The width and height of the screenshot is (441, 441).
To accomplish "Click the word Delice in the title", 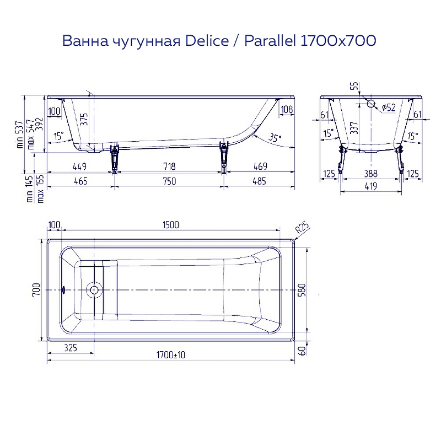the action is [207, 40].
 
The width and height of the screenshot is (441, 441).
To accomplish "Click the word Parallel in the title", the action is [270, 40].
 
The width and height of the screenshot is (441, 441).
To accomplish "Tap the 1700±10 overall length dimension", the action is [171, 355].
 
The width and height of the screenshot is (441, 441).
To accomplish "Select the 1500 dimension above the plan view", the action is [171, 225].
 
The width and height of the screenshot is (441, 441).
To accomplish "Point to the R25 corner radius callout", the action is [302, 228].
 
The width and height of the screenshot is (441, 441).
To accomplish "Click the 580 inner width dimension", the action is [302, 291].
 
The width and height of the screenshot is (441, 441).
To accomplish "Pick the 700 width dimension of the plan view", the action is [36, 290].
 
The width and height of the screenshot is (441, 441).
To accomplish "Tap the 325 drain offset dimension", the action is [71, 348].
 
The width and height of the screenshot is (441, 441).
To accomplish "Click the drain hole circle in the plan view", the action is [94, 290].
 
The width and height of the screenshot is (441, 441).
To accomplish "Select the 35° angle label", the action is [274, 138].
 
